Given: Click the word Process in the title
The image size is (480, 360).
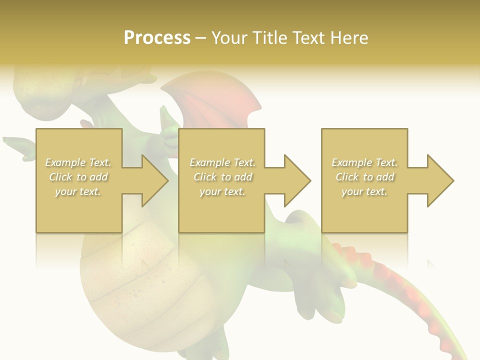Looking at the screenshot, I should coord(157,38).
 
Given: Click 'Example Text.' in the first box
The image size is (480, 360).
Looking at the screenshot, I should coord(78,162).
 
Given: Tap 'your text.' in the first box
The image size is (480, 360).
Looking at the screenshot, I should coord(78,191).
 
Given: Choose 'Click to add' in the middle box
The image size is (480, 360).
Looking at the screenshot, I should coord(222,177).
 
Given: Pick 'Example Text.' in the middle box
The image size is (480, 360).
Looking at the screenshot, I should coord(222,162).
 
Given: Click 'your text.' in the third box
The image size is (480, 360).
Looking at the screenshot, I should coord(364,191).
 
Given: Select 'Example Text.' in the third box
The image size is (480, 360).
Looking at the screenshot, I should coord(364,162).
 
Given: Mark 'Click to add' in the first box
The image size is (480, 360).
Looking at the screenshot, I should coord(78,177).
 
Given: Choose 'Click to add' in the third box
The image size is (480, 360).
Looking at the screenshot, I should coord(364,177).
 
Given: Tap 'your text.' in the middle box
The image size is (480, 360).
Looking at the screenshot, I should coord(222,191).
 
